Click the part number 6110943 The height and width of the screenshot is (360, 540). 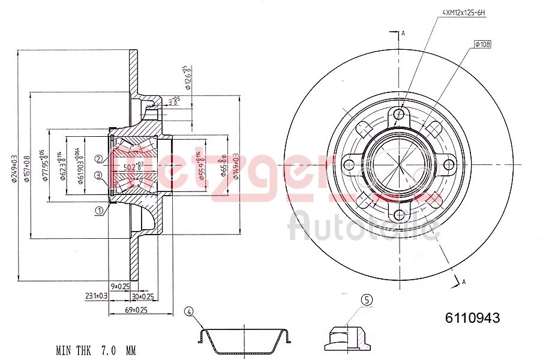(472, 319)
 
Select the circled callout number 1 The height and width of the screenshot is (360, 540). (98, 210)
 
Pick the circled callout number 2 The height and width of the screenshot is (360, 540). (98, 158)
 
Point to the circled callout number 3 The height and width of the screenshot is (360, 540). (98, 175)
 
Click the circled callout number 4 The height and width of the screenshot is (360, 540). (189, 311)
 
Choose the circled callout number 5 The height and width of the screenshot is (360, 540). (367, 300)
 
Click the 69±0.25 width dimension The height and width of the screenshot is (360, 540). (136, 310)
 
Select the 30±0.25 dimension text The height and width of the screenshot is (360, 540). (143, 296)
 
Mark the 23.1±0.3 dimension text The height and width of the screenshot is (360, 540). (96, 296)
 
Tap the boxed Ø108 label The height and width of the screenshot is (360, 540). (482, 44)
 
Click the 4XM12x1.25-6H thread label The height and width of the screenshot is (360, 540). (464, 11)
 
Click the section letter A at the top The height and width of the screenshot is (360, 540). (403, 34)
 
